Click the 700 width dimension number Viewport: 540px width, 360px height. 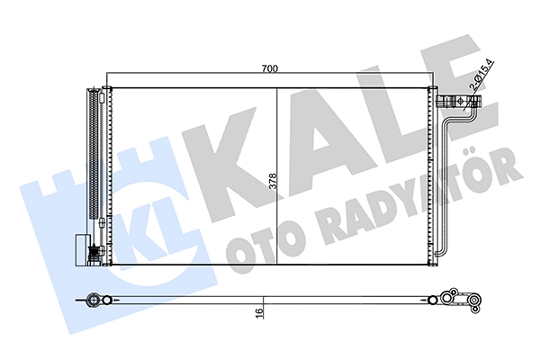(269, 68)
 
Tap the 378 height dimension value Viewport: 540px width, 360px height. (273, 181)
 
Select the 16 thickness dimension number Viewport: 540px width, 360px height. (259, 312)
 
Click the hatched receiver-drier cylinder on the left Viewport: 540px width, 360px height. (94, 153)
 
